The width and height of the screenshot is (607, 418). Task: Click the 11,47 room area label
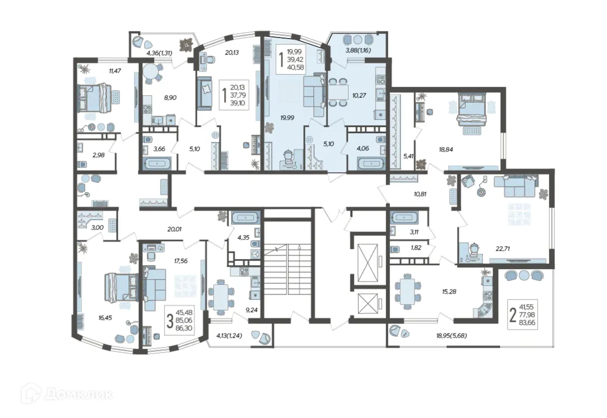115,71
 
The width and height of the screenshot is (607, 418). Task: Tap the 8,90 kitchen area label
170,98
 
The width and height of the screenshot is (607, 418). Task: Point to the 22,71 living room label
502,249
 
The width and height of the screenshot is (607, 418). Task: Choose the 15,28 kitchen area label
449,291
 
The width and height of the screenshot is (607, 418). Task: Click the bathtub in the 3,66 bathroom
157,163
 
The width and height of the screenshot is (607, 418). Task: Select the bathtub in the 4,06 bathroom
370,163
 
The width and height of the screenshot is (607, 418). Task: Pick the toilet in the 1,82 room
395,250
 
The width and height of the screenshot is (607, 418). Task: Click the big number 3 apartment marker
169,322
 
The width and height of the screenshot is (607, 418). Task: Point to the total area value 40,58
295,67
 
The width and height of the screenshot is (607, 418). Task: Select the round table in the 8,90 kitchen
150,71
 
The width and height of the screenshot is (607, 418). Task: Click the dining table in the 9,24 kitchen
221,296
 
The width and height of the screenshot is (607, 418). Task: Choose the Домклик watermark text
79,395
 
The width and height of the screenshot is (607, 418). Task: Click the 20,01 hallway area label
174,229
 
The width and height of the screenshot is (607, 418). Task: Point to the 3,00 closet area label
97,227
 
